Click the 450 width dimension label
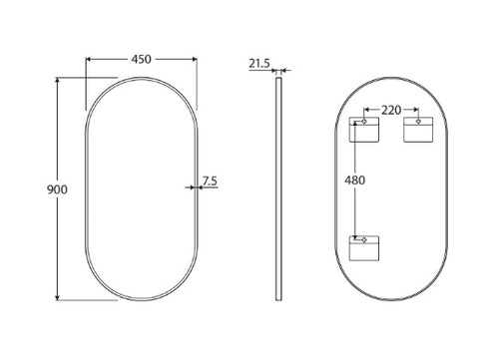click(x=141, y=59)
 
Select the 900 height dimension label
click(x=57, y=189)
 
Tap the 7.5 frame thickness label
click(x=210, y=180)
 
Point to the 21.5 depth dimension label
click(x=259, y=63)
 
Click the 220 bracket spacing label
click(x=391, y=110)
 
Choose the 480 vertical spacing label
click(x=354, y=180)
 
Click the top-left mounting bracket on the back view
click(x=364, y=130)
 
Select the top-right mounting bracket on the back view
click(x=418, y=130)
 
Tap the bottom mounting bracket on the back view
click(x=364, y=248)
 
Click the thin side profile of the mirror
click(x=278, y=188)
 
